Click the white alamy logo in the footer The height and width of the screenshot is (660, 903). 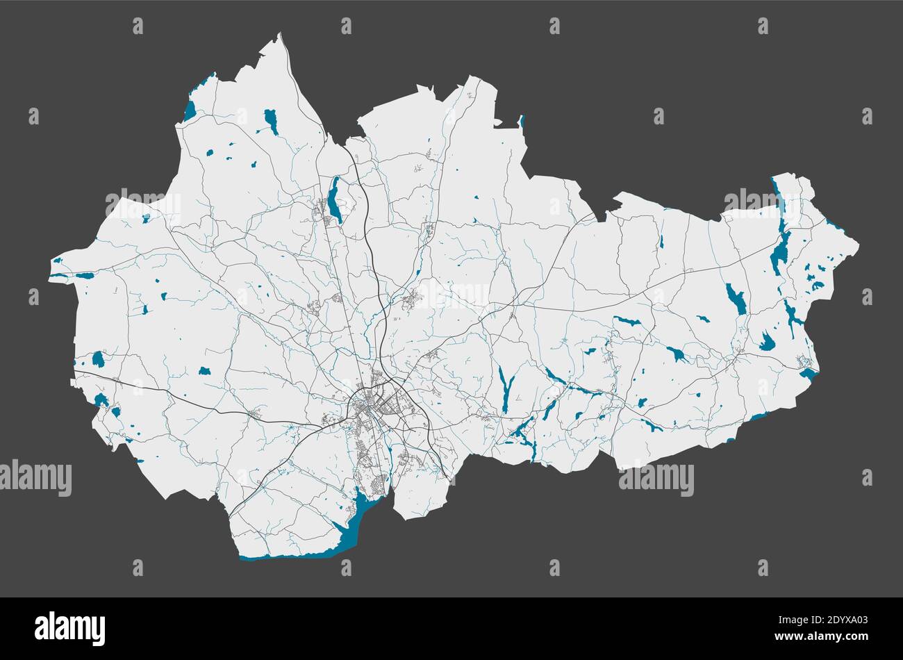click(x=69, y=628)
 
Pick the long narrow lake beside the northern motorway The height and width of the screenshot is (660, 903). click(x=335, y=200)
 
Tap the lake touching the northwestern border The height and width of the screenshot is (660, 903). click(x=190, y=110)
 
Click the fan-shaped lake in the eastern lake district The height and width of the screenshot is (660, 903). click(x=767, y=342)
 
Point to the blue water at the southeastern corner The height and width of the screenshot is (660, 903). click(x=807, y=374)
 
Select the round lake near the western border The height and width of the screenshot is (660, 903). click(x=98, y=359)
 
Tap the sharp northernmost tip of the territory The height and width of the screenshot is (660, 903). click(x=280, y=34)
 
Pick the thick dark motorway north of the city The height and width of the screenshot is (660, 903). click(x=372, y=257)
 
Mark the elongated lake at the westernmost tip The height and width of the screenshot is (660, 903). click(x=84, y=276)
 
